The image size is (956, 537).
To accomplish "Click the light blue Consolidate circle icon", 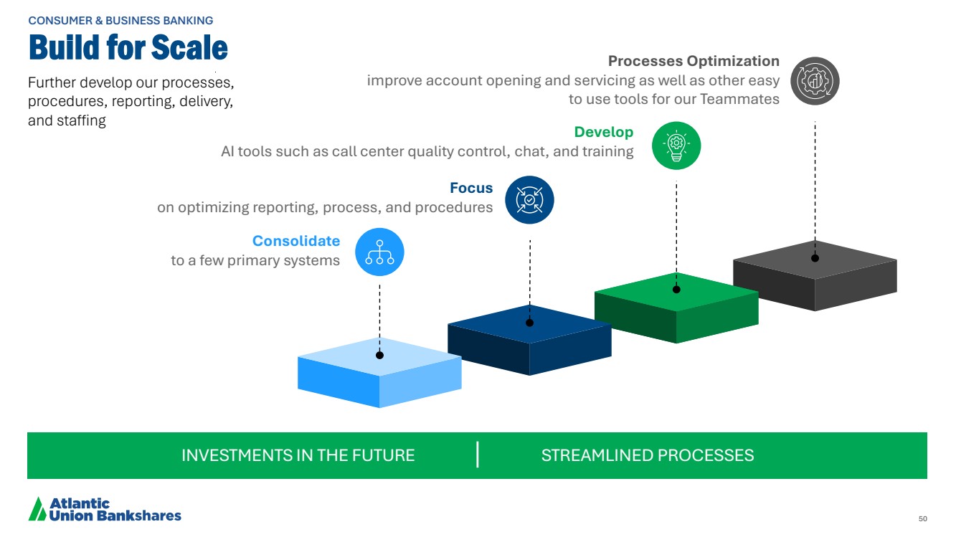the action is pos(379,252).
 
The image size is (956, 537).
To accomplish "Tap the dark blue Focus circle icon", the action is pos(530,200).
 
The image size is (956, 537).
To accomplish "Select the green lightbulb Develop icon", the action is pos(676,146).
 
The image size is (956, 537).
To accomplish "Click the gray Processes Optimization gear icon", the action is pos(815,81).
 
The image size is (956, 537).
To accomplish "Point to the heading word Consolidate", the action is pos(296,241).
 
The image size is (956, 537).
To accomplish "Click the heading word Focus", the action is pos(471,188).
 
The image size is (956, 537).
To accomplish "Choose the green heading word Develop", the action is pos(603,132).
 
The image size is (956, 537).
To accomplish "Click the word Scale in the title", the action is pos(189,47).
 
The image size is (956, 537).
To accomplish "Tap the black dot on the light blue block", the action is pos(379,356).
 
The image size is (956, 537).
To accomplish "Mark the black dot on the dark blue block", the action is pos(530,323).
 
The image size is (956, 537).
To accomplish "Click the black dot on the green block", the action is pos(676,290).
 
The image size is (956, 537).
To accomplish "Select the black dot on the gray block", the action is pos(815,258).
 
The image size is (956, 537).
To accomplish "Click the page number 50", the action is pos(923,518).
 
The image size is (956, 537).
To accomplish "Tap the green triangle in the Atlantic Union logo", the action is pos(37,509).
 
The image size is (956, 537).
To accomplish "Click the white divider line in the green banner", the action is pos(477,455).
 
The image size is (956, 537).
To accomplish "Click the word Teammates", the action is pos(739,100).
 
